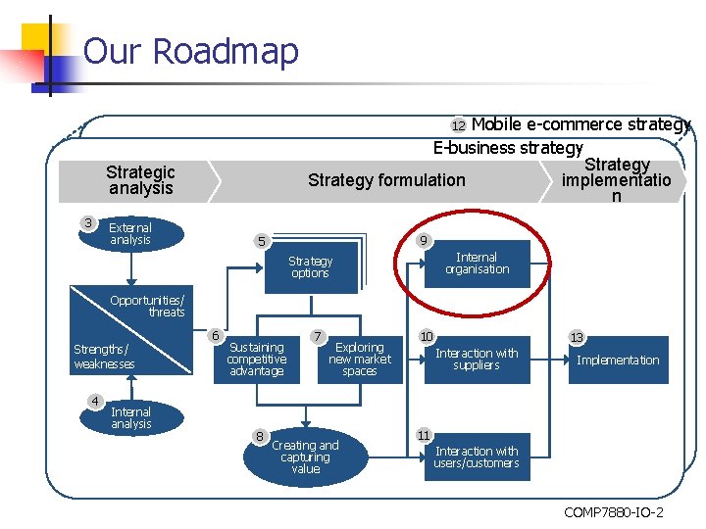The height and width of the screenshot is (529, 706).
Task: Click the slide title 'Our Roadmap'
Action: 190,51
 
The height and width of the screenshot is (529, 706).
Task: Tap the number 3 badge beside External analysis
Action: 89,223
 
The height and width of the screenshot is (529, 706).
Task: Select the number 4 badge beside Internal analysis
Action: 95,401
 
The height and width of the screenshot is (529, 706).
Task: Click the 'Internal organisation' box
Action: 477,264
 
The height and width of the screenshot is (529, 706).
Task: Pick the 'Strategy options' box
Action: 310,267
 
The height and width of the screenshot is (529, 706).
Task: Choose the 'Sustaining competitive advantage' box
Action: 256,360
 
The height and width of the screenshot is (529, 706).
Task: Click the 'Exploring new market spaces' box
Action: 360,360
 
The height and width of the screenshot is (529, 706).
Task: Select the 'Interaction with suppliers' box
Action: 477,360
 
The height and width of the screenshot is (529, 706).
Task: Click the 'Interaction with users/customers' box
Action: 477,457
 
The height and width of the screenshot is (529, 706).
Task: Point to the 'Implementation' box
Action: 618,361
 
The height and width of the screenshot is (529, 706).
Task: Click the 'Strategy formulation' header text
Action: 386,180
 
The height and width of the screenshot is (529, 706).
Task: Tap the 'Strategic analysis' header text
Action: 140,180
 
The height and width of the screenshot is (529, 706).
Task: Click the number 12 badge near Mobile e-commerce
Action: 458,126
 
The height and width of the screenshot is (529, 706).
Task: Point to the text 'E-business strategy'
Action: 508,148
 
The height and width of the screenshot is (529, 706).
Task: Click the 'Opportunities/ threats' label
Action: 147,306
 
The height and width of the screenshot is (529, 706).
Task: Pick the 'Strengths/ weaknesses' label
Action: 104,357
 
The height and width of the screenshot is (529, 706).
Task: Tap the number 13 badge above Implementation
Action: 577,338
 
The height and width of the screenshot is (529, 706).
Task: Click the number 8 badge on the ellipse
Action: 259,436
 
